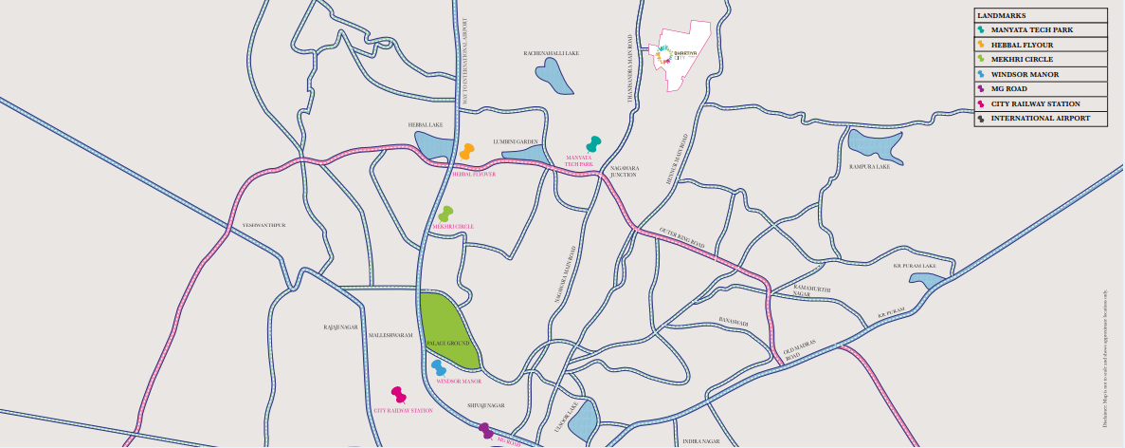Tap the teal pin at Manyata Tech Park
(x=593, y=143)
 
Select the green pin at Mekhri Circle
(x=445, y=215)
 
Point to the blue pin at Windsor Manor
(x=439, y=367)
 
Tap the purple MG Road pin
(x=485, y=431)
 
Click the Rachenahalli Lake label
(x=552, y=54)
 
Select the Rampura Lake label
(x=871, y=167)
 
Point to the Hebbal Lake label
(x=425, y=124)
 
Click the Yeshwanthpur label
(x=263, y=225)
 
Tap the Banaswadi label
(x=734, y=323)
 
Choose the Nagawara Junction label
(x=623, y=171)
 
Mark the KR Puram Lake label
(x=915, y=266)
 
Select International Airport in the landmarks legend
(x=1041, y=119)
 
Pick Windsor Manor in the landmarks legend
(x=1031, y=73)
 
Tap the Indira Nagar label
(x=701, y=441)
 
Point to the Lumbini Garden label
(x=515, y=141)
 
